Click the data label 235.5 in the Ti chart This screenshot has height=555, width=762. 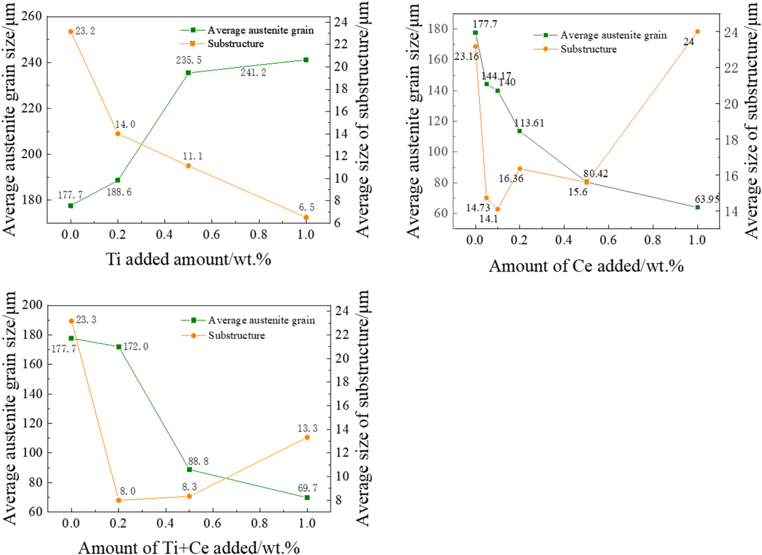pos(189,60)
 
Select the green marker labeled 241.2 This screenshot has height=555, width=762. pos(306,60)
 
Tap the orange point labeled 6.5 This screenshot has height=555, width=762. pos(306,218)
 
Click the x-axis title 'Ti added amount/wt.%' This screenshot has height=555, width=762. pos(188,259)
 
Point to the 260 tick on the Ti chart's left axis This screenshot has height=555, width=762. pos(32,16)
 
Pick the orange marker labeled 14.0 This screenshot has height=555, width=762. pos(118,134)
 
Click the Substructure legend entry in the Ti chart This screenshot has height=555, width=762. pos(235,44)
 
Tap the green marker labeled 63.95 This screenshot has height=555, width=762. pos(697,207)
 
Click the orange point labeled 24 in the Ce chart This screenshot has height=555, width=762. pos(697,32)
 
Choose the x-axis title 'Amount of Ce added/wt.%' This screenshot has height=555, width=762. pos(586,266)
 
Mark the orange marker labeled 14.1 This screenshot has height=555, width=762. pos(498,209)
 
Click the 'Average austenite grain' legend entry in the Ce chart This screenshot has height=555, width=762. pos(613,35)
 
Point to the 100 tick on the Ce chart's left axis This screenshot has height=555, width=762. pos(438,152)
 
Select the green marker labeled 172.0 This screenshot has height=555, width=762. pos(119,347)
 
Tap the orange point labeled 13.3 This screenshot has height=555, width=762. pos(307,438)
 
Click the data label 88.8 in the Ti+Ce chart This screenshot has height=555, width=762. pos(198,461)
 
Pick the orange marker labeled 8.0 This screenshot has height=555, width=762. pos(119,500)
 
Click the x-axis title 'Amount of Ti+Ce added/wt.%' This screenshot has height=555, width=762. pos(189,548)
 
